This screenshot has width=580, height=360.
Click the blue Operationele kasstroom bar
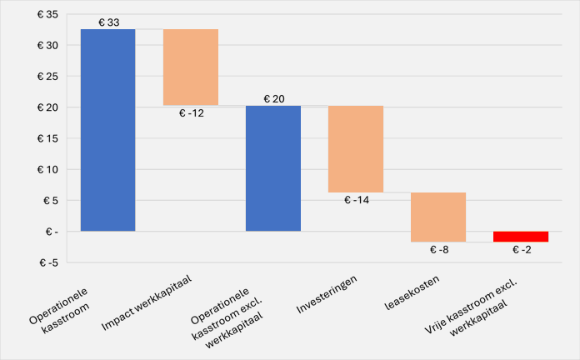pos(107,130)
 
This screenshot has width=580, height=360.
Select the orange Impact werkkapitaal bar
pos(190,67)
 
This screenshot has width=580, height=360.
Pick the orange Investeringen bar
pos(355,149)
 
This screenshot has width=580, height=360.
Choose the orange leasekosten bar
pos(437,217)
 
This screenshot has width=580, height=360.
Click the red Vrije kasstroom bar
pos(520,236)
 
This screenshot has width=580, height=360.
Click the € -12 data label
pos(191,113)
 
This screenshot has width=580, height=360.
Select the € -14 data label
pos(356,200)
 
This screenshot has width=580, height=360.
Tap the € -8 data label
pos(438,249)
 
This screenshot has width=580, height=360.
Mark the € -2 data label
pos(521,249)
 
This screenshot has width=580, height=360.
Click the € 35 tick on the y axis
pos(46,15)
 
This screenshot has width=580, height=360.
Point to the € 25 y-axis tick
pos(46,77)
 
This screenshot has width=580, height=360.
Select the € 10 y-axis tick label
pos(46,169)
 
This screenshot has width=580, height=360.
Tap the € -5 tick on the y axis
pos(47,262)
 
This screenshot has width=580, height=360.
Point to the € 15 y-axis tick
pos(46,138)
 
